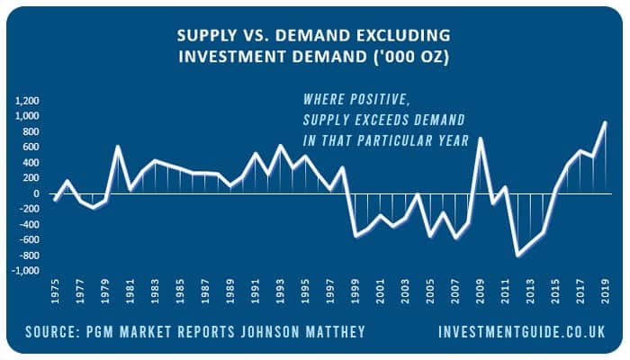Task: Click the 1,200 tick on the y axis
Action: click(x=27, y=101)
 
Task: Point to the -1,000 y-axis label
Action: click(x=26, y=271)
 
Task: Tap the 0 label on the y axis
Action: click(x=37, y=193)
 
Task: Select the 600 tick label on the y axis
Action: click(x=31, y=147)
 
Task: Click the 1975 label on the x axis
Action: click(x=55, y=291)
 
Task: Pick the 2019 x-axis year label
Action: click(x=606, y=291)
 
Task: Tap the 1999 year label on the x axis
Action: click(x=355, y=291)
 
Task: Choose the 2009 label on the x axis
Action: click(x=481, y=291)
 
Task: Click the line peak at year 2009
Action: click(x=480, y=139)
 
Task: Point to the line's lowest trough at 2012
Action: click(x=517, y=255)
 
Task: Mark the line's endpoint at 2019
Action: click(x=605, y=122)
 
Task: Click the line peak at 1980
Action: click(x=118, y=146)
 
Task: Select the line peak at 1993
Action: click(x=280, y=146)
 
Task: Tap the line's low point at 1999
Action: click(x=355, y=236)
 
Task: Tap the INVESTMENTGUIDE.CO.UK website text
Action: click(x=522, y=332)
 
